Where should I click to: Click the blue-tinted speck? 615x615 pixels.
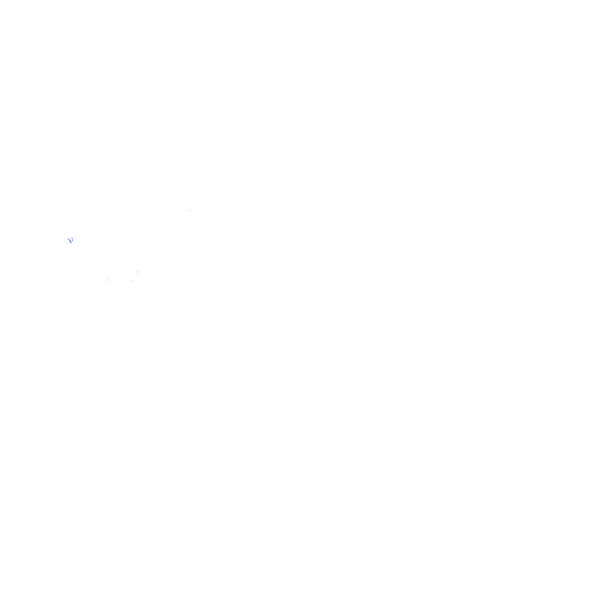click(x=71, y=239)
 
